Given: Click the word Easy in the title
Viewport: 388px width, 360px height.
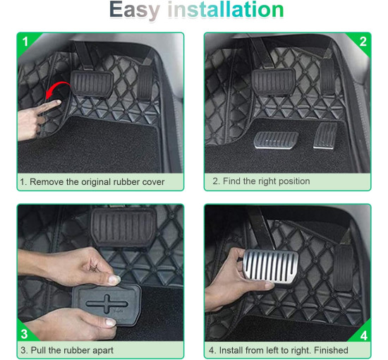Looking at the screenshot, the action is pos(135,11).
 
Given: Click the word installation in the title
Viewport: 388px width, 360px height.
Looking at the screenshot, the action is pos(226,9).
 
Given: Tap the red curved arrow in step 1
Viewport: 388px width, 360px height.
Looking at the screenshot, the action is pos(57,90).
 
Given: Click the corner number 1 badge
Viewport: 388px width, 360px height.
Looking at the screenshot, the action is pos(25,42).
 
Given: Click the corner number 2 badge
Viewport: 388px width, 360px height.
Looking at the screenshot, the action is pos(363,42).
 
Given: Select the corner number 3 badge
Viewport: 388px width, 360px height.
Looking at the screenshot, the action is pos(24,334).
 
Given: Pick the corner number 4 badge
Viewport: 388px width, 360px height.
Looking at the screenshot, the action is pos(364,336).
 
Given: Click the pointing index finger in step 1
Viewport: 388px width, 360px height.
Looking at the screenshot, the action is pos(49,105).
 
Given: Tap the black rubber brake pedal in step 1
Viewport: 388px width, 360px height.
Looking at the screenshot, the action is pos(92,83).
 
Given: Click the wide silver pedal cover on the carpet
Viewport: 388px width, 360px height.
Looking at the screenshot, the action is pos(276,140).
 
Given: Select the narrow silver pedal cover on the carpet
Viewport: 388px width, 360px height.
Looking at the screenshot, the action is pos(325,136).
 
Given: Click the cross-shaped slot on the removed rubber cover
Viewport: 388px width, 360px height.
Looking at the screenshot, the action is pos(107,304).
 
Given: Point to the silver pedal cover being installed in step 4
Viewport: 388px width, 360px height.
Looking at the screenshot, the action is pos(271,267).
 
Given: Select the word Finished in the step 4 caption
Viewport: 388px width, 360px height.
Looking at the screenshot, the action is pos(331,350).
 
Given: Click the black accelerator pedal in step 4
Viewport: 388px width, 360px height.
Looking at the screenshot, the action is pos(344,268).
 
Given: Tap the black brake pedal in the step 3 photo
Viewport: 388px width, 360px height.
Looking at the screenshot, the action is pos(123,227).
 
